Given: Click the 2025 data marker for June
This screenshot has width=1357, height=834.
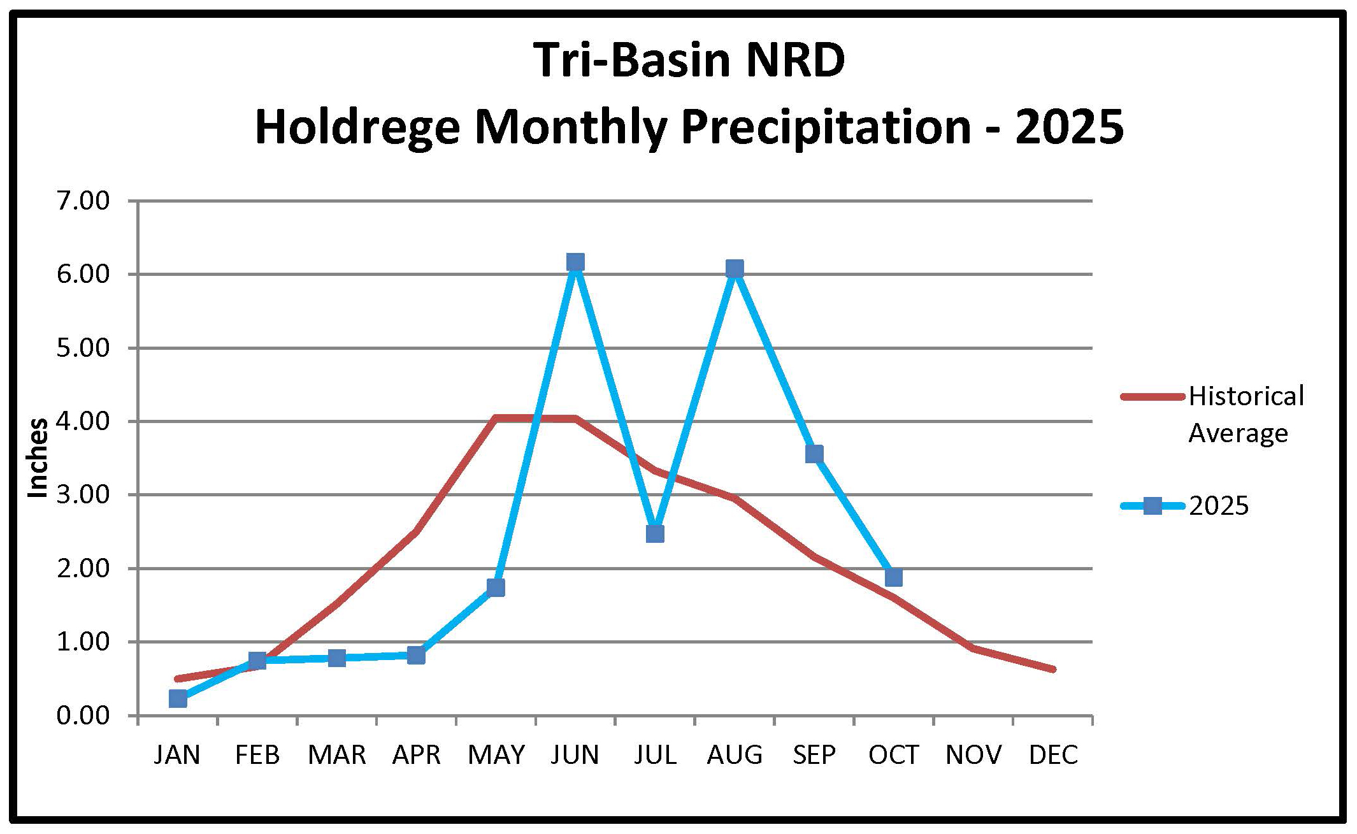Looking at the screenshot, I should [575, 262].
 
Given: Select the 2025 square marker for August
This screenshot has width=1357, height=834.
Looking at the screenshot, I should [735, 268].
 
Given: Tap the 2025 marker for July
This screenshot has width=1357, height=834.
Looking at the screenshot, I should [655, 533].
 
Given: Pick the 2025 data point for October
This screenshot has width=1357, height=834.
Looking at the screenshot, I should [894, 577].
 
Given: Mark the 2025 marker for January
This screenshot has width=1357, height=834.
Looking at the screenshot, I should [178, 698].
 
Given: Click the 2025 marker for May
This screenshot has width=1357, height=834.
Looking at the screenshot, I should [496, 587].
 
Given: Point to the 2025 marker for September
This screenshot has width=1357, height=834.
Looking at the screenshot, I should [814, 454].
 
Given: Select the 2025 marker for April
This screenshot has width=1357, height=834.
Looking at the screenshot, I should [416, 655].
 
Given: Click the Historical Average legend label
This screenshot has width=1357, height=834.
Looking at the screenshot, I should [1246, 414].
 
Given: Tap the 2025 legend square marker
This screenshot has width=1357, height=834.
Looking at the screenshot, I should [1152, 507].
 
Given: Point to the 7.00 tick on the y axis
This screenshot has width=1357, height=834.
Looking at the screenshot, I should [83, 201].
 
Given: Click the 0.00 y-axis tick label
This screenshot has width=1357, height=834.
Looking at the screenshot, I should [83, 715].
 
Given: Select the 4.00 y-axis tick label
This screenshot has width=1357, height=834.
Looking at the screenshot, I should [83, 422].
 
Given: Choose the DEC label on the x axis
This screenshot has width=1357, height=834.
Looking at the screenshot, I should [1053, 755].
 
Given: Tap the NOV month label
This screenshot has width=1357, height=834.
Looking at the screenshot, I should [973, 755].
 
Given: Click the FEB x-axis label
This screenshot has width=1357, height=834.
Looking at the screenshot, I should [257, 755].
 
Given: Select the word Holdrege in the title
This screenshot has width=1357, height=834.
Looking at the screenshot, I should [357, 127].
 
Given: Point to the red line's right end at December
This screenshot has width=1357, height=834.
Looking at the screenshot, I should [1053, 669].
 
